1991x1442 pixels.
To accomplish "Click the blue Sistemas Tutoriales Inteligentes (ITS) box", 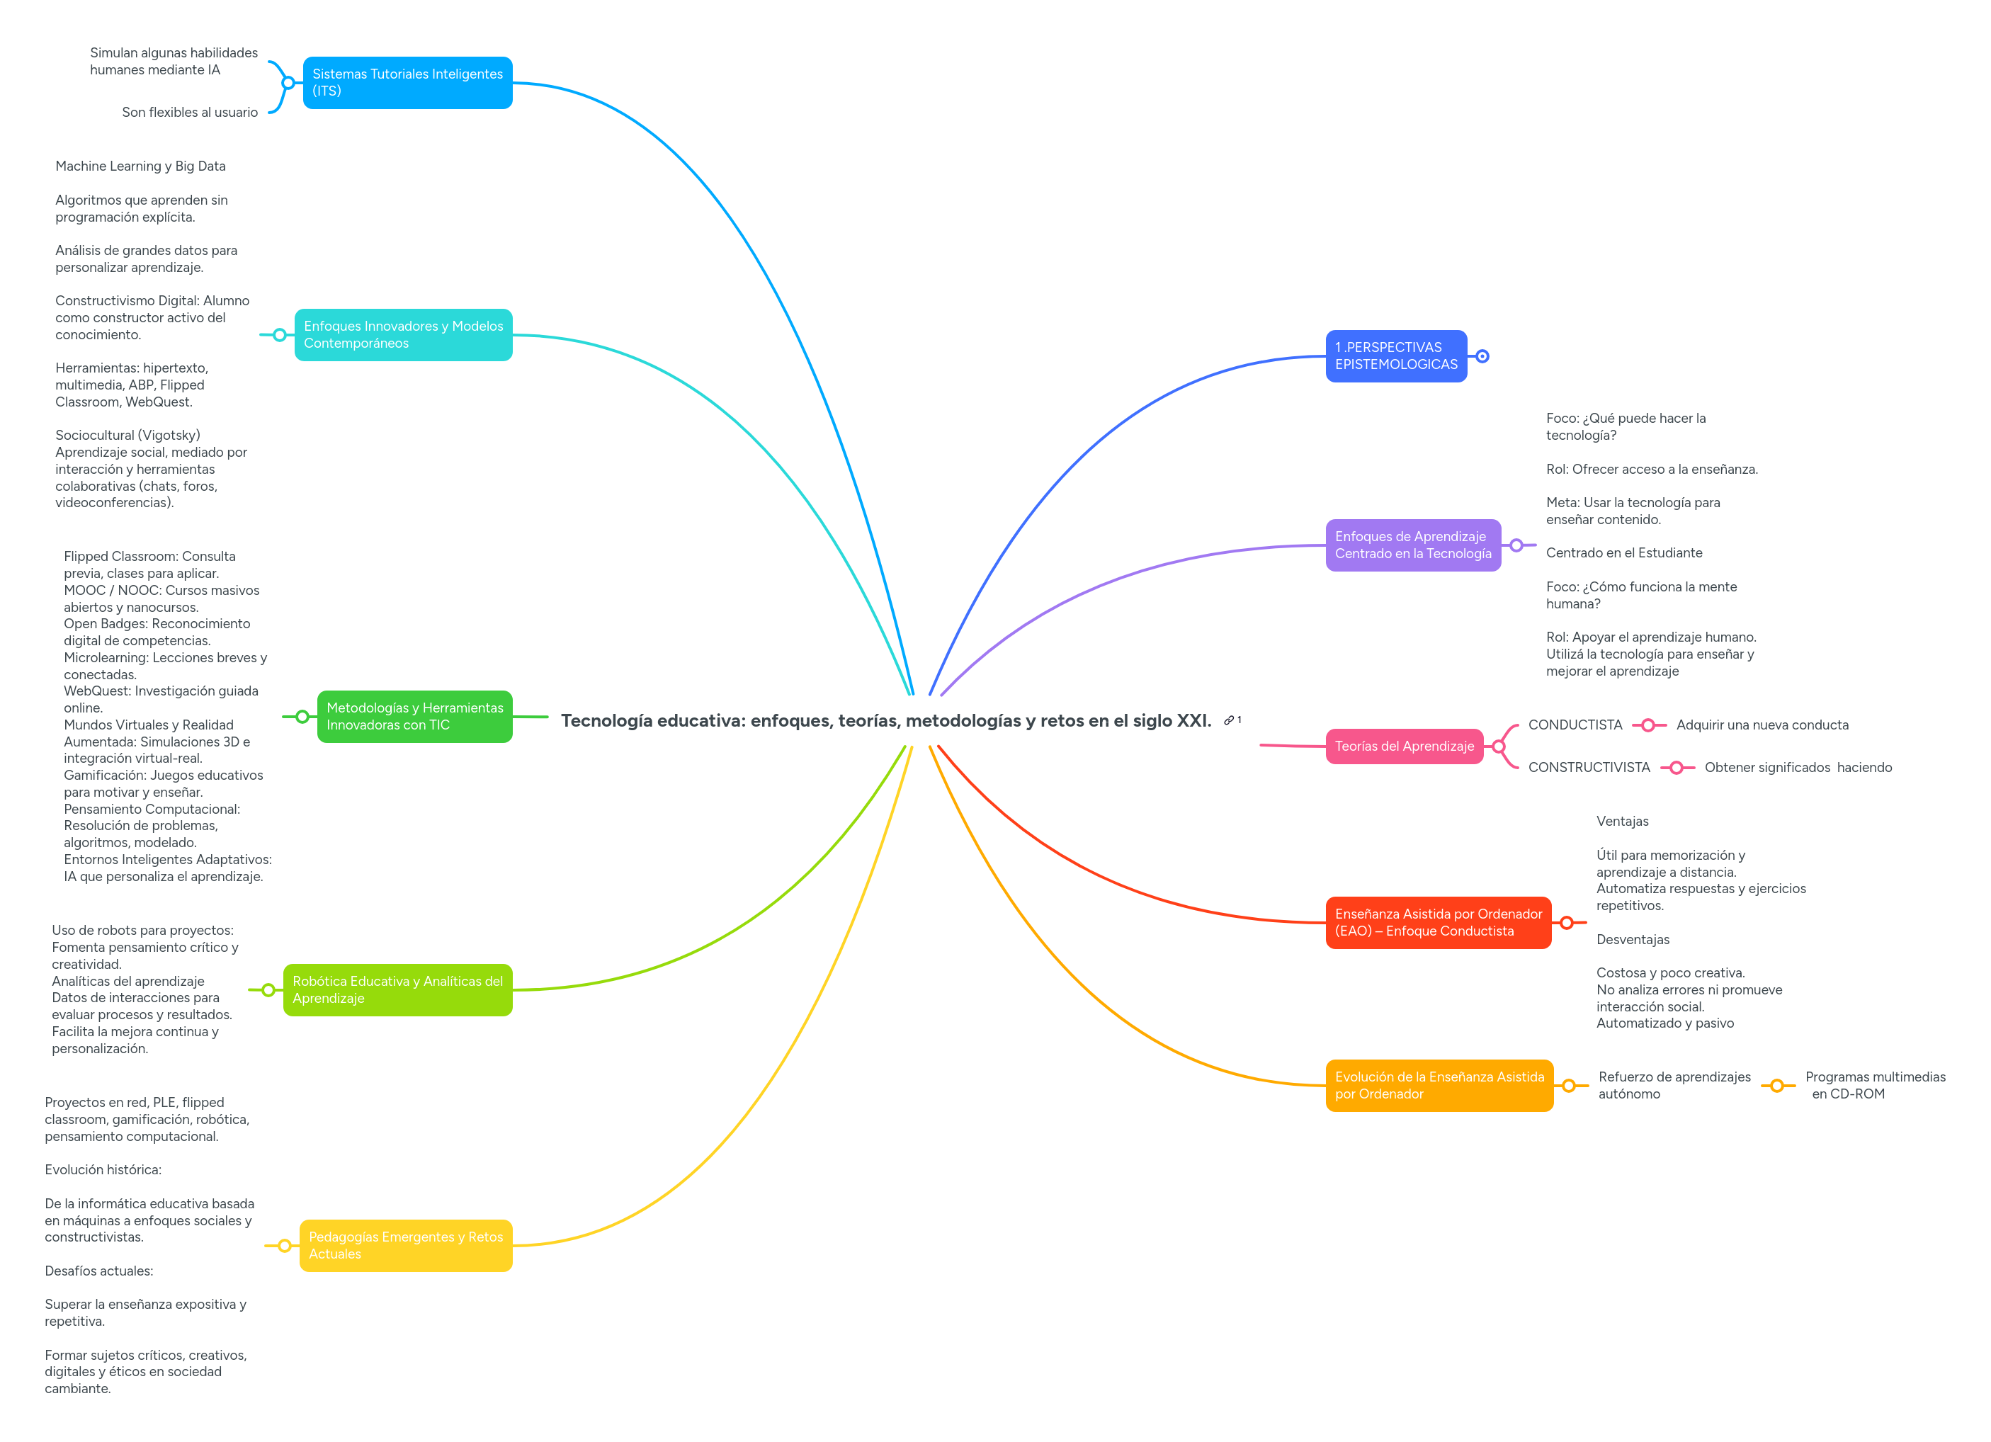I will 407,82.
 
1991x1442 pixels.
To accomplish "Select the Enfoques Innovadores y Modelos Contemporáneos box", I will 403,334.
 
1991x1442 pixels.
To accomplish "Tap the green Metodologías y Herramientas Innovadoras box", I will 414,716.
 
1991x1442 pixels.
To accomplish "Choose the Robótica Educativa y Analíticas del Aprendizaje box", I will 397,989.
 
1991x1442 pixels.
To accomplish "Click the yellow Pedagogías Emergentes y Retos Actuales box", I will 406,1244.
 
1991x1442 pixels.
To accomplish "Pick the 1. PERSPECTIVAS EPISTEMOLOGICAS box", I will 1396,356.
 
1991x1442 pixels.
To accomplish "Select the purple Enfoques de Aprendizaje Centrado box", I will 1412,545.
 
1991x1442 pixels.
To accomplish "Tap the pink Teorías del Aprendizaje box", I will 1404,746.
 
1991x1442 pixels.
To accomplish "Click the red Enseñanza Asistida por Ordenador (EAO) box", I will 1438,922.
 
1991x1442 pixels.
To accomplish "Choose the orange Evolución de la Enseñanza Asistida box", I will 1439,1085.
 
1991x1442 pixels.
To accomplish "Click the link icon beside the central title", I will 1229,720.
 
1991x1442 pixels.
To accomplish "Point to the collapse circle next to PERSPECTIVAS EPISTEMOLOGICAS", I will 1482,356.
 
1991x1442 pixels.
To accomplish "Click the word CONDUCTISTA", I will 1575,725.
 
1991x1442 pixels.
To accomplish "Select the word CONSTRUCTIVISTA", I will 1589,767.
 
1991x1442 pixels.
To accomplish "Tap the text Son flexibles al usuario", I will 190,113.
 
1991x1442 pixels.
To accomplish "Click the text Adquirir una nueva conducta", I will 1762,725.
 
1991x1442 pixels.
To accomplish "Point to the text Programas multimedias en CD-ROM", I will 1875,1085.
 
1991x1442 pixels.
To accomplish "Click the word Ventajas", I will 1622,822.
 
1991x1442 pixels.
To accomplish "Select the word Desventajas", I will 1633,939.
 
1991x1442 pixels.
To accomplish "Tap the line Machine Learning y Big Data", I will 140,166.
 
